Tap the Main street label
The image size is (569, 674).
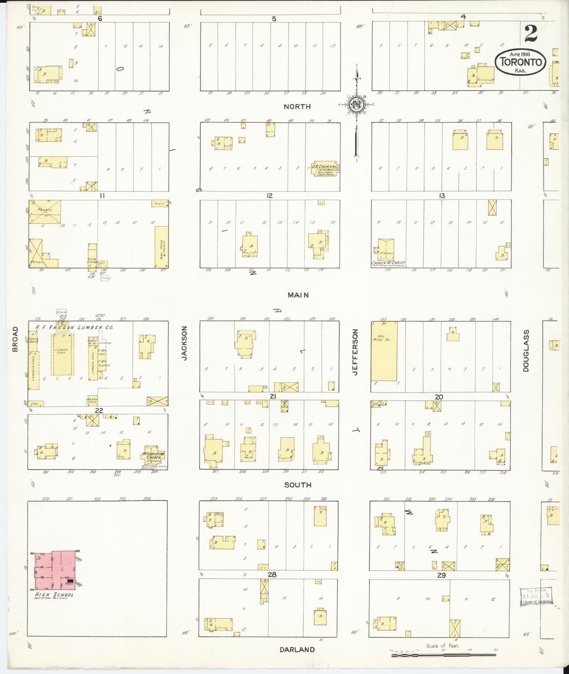click(298, 295)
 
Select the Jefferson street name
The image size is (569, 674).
click(356, 352)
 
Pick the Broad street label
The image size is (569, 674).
click(15, 339)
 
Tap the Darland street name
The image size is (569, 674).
click(297, 649)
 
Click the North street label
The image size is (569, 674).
click(297, 107)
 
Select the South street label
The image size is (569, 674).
click(298, 485)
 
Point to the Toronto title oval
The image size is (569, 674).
click(520, 62)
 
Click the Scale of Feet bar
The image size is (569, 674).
click(443, 654)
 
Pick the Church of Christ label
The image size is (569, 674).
click(388, 263)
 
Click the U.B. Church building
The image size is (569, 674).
click(325, 168)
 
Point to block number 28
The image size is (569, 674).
click(272, 575)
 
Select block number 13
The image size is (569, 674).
click(442, 195)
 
